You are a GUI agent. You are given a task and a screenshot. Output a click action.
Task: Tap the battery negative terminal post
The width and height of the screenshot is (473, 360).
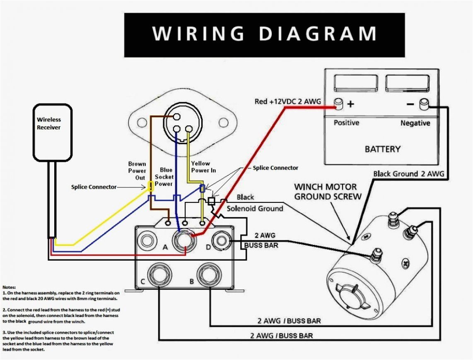click(424, 104)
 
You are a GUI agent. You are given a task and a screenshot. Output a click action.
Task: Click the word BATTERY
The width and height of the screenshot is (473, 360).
click(382, 149)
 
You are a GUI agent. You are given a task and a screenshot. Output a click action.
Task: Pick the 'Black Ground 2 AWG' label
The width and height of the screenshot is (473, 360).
click(408, 174)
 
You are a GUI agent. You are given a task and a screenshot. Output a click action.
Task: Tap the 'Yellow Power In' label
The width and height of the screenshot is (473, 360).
click(200, 167)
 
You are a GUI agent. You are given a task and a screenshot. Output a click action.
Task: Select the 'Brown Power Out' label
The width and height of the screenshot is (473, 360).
click(137, 170)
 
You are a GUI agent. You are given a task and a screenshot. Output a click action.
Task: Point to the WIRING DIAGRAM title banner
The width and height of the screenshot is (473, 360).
click(264, 35)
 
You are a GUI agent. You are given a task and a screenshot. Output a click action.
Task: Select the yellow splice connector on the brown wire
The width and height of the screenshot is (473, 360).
click(151, 186)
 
